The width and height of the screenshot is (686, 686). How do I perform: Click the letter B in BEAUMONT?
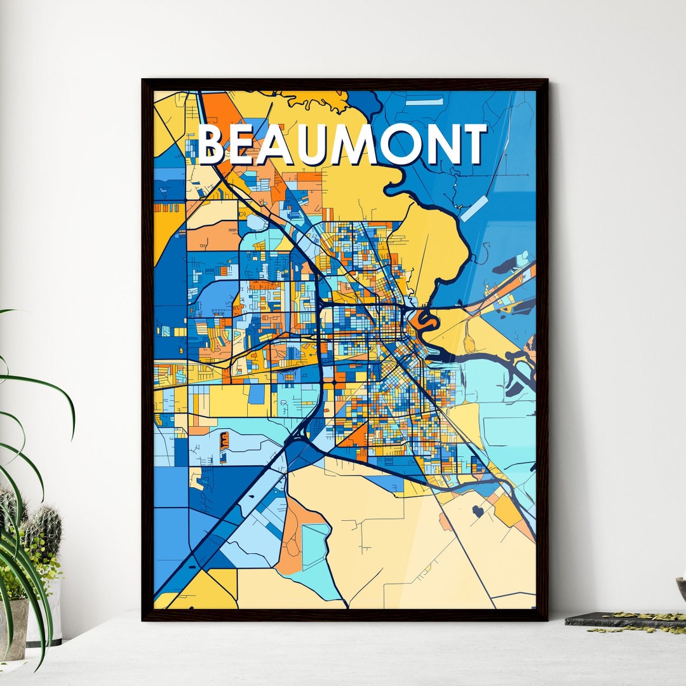[x=212, y=145]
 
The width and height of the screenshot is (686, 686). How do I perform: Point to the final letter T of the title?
[x=473, y=145]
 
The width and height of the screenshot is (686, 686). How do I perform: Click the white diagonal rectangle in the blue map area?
[x=474, y=209]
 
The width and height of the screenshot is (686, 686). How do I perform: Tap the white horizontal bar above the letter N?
[x=424, y=102]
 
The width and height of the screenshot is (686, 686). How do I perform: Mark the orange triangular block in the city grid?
[x=356, y=436]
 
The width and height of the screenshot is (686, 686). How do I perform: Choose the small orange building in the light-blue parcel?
[x=224, y=441]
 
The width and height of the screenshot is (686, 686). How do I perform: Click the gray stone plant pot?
[x=14, y=626]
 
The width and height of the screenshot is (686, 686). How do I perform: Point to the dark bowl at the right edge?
[x=682, y=588]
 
